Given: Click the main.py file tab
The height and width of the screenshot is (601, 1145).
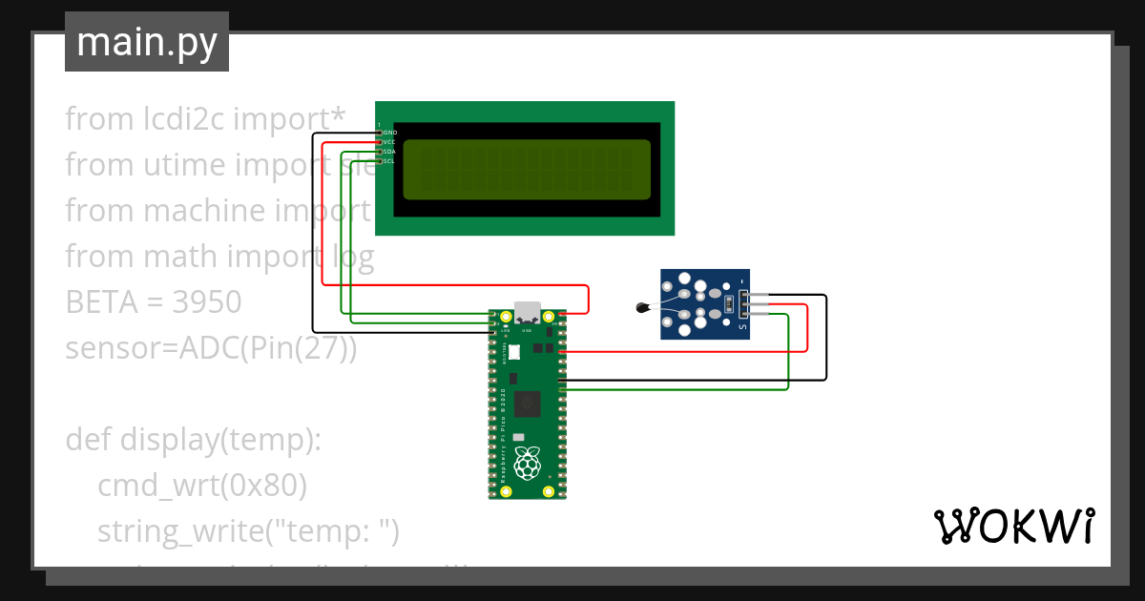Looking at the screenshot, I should [x=146, y=42].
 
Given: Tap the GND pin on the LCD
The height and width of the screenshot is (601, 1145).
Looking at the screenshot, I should [x=380, y=133].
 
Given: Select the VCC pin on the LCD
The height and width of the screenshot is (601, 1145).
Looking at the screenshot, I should [x=380, y=142].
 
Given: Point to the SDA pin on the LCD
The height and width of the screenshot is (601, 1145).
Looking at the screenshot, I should [x=380, y=152].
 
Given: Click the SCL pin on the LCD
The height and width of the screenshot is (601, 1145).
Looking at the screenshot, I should [x=380, y=161].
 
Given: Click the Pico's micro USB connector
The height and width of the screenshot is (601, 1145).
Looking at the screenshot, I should [x=527, y=313].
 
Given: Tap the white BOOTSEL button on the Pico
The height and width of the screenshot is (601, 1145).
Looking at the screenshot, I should [x=514, y=352].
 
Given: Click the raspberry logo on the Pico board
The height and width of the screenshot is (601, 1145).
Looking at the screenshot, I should [x=527, y=464].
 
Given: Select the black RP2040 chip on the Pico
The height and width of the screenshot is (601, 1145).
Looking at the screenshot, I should [x=527, y=404].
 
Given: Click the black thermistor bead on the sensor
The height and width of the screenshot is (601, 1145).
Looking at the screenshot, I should [x=641, y=307].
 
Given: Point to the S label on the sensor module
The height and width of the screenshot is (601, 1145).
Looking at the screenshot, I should [x=743, y=328].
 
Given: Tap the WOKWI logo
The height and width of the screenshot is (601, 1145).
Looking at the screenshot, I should [x=1013, y=526].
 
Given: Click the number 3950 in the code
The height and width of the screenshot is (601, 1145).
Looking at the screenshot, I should [x=207, y=302].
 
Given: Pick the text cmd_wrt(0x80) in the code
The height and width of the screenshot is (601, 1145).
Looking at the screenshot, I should [x=201, y=486].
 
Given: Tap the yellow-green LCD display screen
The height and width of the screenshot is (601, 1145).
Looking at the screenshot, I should [x=527, y=169].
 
